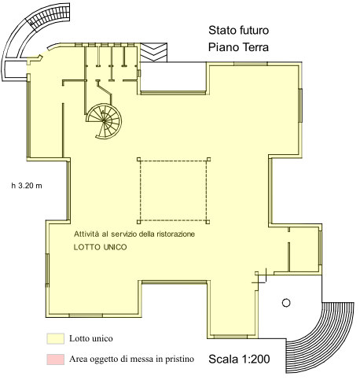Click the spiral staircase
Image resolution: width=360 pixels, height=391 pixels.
pyautogui.click(x=104, y=121)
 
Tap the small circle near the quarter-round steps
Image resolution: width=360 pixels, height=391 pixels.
pyautogui.click(x=286, y=303)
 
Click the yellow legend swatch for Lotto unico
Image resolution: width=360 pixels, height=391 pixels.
pyautogui.click(x=56, y=338)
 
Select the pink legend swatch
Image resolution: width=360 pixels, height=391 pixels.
pyautogui.click(x=56, y=360)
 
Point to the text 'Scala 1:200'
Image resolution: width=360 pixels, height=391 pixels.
pyautogui.click(x=239, y=359)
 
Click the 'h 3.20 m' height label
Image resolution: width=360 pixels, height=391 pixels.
pyautogui.click(x=27, y=186)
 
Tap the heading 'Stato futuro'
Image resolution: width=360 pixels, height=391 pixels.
pyautogui.click(x=238, y=30)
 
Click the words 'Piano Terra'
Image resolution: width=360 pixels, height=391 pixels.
pyautogui.click(x=238, y=47)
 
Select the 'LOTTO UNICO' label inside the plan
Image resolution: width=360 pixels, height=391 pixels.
pyautogui.click(x=100, y=247)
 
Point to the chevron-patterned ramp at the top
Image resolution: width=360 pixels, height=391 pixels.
pyautogui.click(x=153, y=53)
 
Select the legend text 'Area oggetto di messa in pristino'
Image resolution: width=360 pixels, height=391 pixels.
pyautogui.click(x=131, y=359)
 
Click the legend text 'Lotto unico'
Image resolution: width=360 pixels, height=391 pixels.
pyautogui.click(x=91, y=338)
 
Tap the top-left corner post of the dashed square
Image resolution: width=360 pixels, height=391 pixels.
pyautogui.click(x=139, y=159)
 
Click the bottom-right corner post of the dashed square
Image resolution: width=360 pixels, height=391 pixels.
pyautogui.click(x=208, y=222)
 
